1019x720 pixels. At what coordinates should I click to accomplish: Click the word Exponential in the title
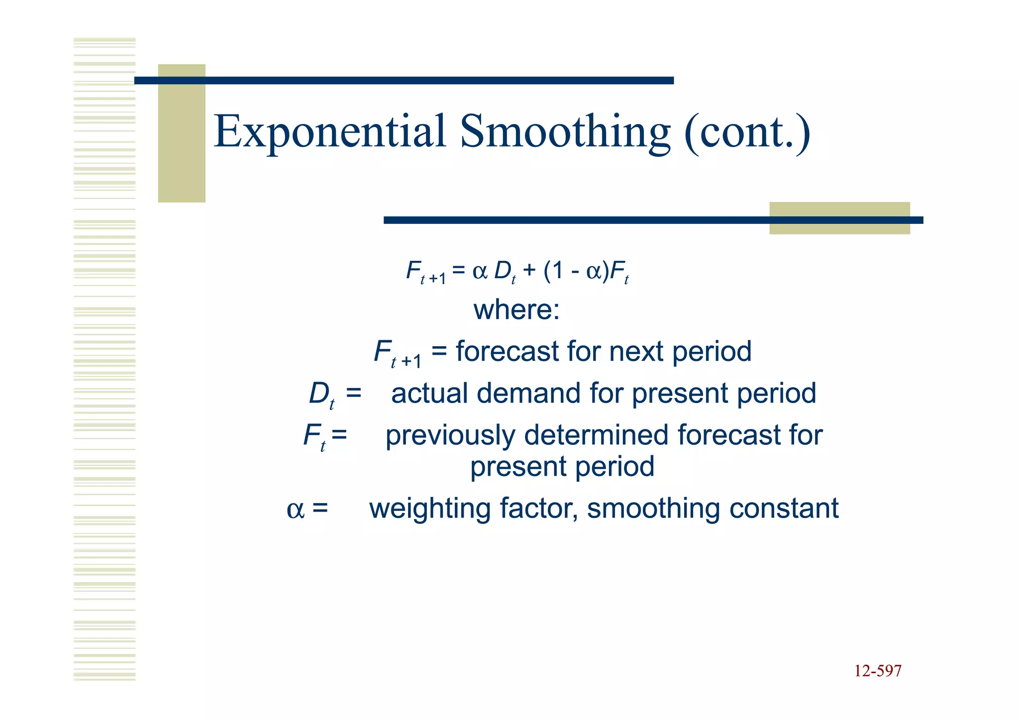pos(329,132)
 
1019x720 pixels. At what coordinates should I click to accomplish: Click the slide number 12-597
pos(878,671)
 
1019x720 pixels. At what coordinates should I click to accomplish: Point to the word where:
pos(516,309)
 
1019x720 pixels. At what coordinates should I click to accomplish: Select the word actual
pos(429,393)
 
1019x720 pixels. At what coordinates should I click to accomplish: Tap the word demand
pos(528,393)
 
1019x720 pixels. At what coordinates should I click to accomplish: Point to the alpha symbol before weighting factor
pos(295,510)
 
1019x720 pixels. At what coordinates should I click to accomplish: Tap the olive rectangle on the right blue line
pos(839,218)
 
